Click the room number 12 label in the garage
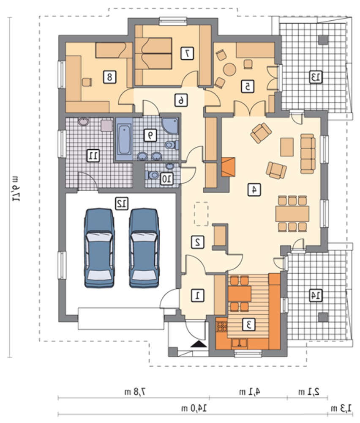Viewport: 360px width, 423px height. (122, 204)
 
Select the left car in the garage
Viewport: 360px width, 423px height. (99, 248)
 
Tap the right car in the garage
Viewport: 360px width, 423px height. (144, 248)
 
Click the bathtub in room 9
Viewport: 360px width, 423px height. (124, 140)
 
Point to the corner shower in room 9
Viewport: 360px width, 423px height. (170, 126)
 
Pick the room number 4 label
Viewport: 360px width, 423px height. (254, 190)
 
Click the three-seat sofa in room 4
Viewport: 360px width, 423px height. (308, 154)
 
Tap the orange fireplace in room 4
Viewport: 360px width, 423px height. (228, 167)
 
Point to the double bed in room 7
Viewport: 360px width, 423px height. (154, 54)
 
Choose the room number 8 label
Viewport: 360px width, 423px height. (109, 77)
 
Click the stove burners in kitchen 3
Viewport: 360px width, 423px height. (222, 326)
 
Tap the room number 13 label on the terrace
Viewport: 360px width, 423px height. (316, 77)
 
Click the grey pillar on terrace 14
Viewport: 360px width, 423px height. (323, 317)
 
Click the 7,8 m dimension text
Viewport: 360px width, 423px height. (135, 391)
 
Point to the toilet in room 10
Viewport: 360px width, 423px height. (152, 175)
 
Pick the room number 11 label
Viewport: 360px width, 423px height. (93, 155)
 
